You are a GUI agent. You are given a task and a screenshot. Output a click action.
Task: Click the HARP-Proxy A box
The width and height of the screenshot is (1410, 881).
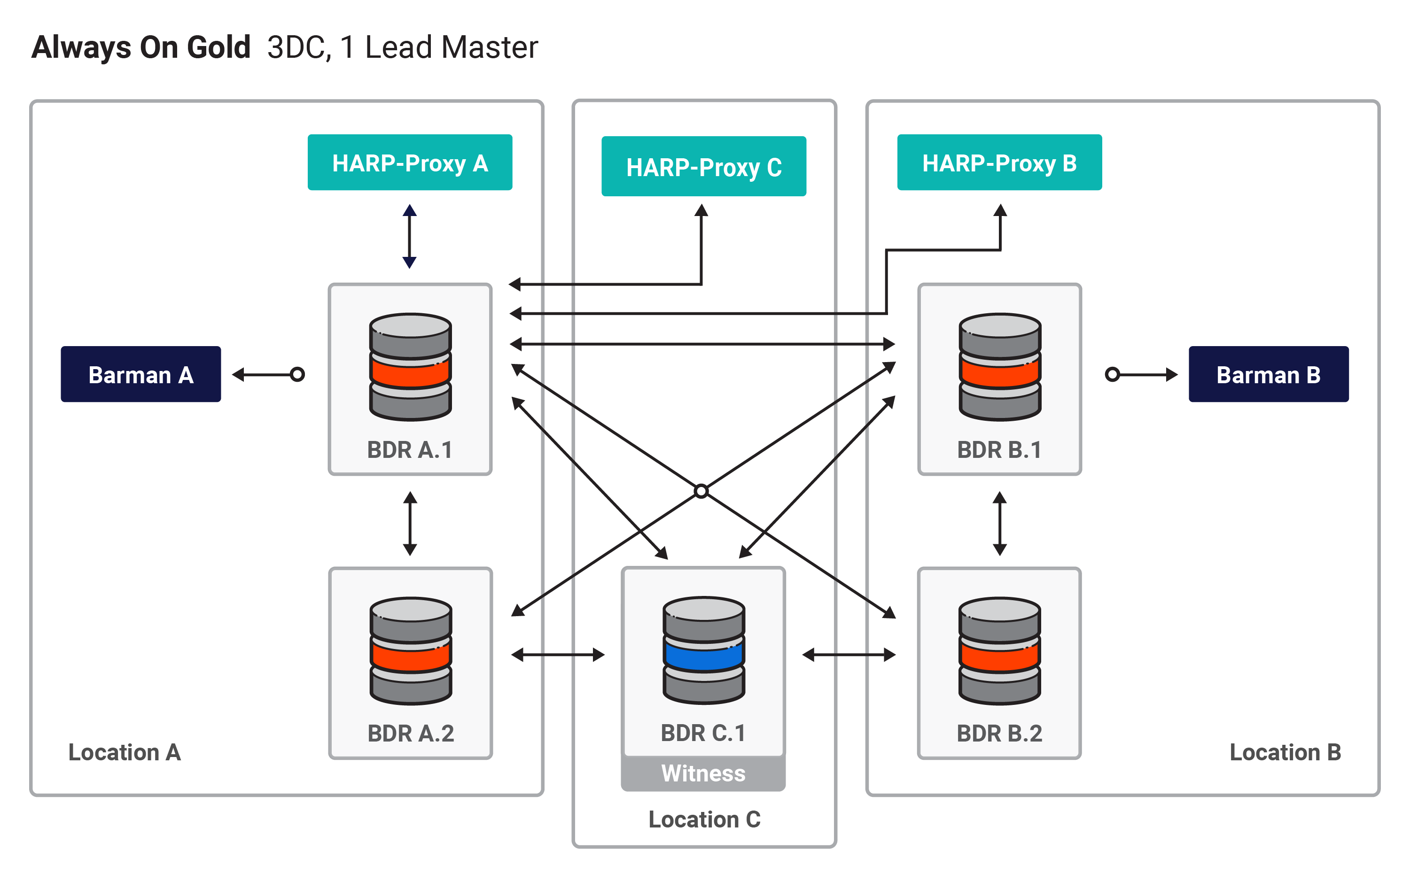click(410, 162)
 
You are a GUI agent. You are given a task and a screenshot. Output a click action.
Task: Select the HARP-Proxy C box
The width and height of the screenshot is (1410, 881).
click(703, 166)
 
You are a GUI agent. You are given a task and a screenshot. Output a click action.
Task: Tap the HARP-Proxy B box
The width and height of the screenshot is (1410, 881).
click(999, 162)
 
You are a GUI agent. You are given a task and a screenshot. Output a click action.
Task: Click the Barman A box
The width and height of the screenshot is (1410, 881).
click(140, 374)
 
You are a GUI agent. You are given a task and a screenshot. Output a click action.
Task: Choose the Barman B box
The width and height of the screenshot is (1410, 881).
click(1269, 374)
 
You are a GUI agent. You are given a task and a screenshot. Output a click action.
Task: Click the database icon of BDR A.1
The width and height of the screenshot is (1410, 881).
click(410, 367)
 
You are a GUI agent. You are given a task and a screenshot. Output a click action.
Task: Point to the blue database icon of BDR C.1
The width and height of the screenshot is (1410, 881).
click(703, 650)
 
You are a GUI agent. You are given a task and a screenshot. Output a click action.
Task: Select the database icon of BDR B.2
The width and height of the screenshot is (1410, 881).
click(1000, 651)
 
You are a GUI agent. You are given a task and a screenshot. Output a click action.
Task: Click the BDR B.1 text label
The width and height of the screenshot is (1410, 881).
click(999, 450)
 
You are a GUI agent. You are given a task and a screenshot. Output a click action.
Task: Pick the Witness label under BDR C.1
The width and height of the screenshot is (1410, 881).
click(703, 773)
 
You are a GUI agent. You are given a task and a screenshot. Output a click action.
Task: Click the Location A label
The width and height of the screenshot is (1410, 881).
click(125, 752)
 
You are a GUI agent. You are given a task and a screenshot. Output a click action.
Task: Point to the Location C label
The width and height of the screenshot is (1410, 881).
click(705, 819)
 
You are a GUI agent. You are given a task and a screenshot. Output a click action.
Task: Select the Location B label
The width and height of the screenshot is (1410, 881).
click(1285, 752)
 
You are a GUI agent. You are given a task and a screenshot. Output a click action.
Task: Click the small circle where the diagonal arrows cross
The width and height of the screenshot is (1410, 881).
click(701, 491)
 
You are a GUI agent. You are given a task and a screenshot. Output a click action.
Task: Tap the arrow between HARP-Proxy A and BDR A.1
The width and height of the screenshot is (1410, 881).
click(410, 236)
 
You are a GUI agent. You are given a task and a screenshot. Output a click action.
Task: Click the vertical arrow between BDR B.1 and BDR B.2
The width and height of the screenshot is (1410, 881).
click(1000, 523)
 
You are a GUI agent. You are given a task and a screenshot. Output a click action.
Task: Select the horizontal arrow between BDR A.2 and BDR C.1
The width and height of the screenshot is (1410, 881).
click(558, 655)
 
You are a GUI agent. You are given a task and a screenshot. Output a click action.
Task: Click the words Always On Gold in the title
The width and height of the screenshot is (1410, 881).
click(141, 47)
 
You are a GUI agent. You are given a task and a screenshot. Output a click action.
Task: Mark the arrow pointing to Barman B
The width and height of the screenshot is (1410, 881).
click(1141, 374)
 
